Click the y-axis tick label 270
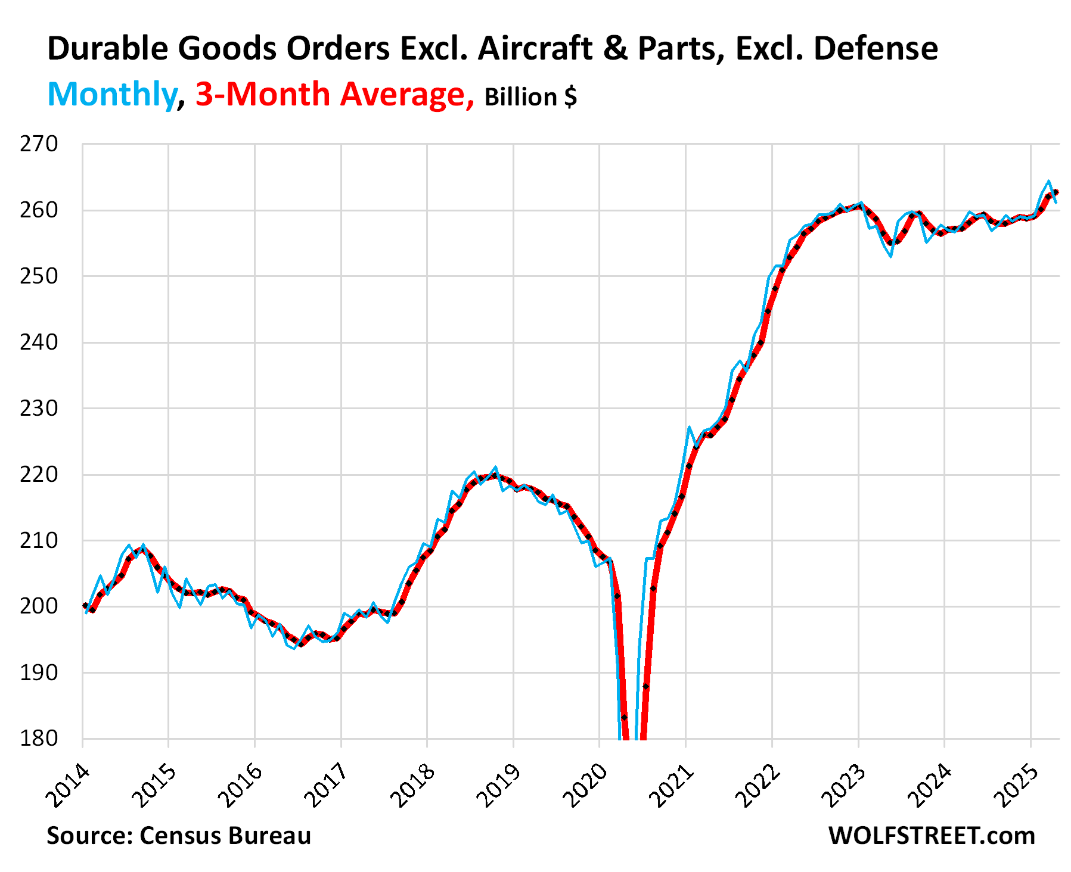[39, 144]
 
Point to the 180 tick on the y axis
[39, 739]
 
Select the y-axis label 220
[39, 475]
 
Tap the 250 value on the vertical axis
[39, 276]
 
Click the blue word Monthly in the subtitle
[113, 94]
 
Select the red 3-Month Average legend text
[334, 94]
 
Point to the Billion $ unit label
[530, 97]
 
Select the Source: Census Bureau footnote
[179, 836]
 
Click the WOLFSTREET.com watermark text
[932, 836]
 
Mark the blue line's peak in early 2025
[1048, 181]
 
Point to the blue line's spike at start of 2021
[689, 427]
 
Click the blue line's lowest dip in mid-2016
[294, 649]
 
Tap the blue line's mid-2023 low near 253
[890, 256]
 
